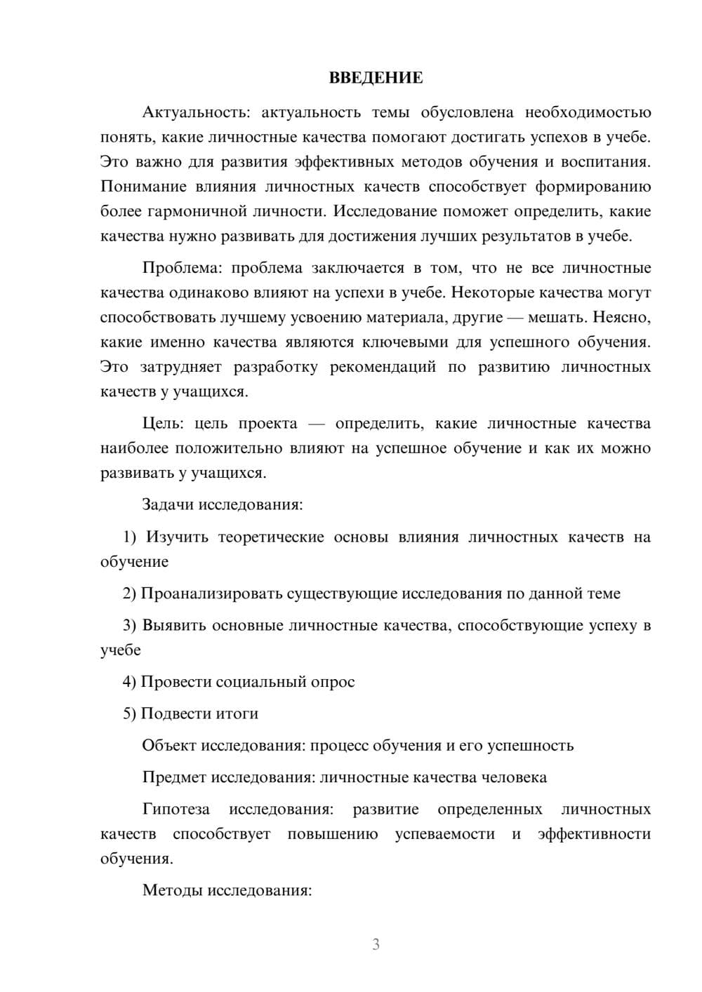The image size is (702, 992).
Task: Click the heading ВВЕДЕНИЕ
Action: (x=376, y=78)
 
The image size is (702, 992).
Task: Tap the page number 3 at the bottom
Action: (x=376, y=944)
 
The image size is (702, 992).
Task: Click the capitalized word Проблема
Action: (x=183, y=268)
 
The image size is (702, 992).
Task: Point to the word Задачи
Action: (x=168, y=504)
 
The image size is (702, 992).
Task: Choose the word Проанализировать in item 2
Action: (x=211, y=594)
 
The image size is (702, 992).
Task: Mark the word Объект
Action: (x=169, y=745)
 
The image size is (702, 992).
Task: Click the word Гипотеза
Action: (x=176, y=809)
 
